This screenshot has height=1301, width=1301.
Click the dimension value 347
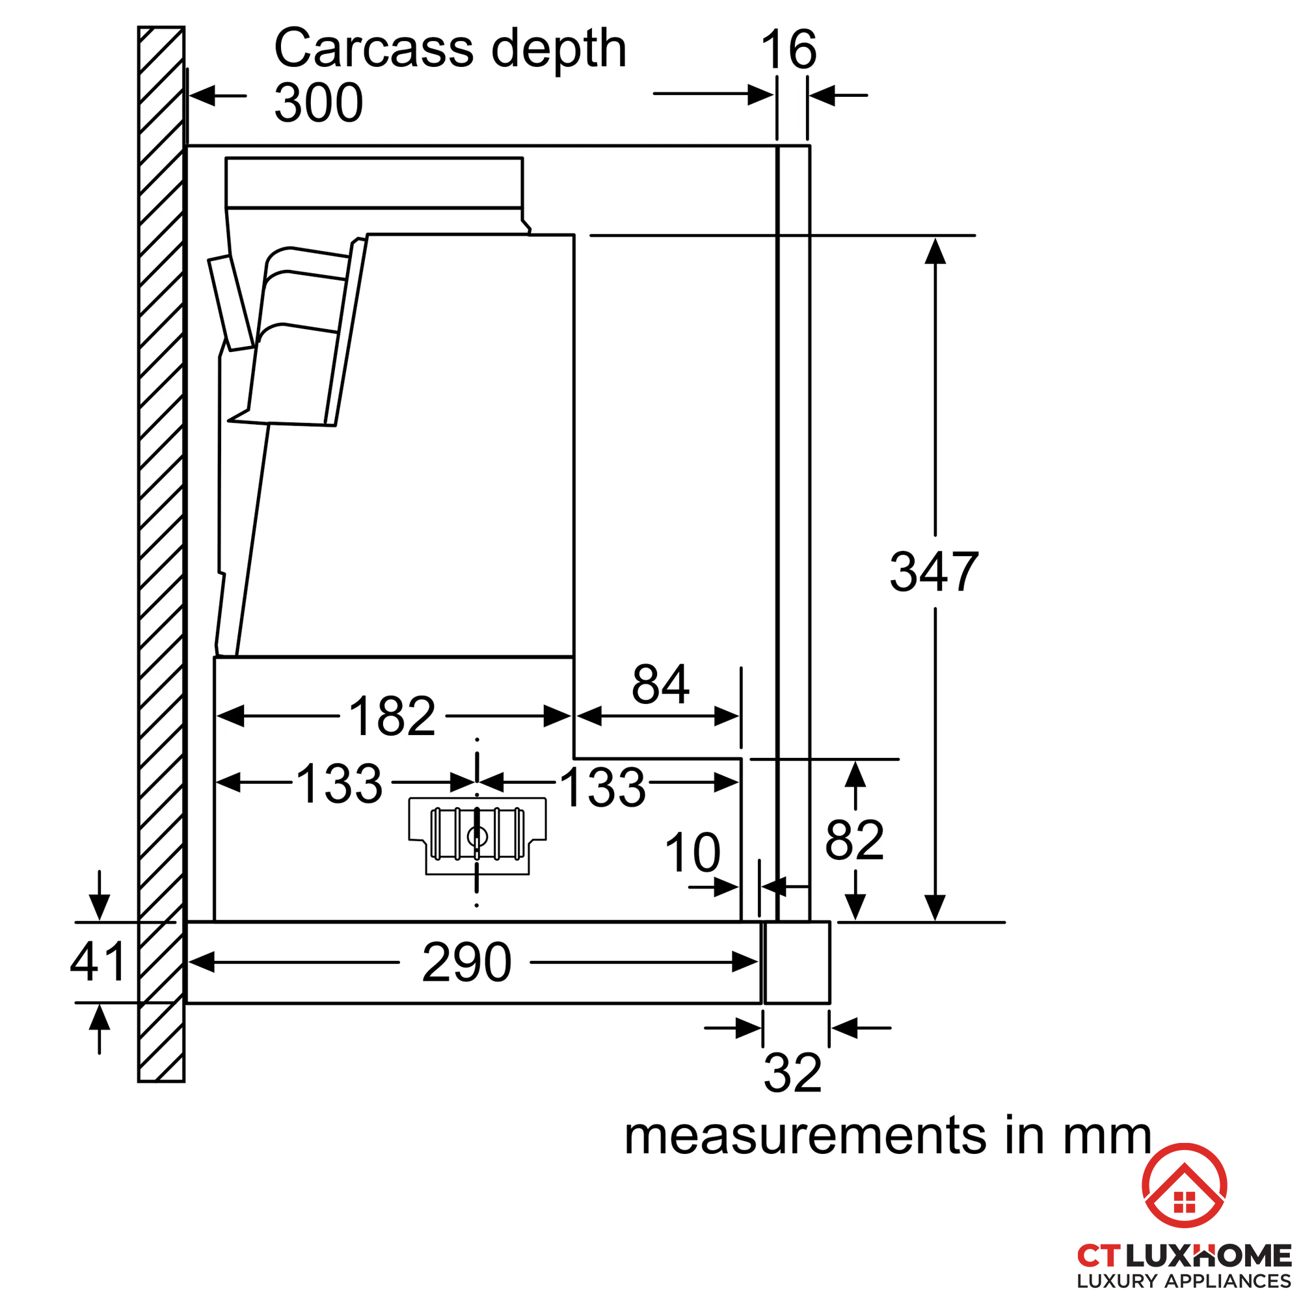(x=934, y=572)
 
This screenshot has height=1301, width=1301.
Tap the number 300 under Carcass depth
(x=319, y=103)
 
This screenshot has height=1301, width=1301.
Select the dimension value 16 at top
(x=788, y=49)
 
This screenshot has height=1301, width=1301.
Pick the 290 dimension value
(x=466, y=962)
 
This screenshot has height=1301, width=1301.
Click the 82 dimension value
(x=855, y=840)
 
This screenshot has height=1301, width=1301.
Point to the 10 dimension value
(x=692, y=853)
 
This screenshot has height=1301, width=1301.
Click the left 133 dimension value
(x=340, y=784)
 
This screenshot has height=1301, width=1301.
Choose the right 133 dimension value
(x=603, y=786)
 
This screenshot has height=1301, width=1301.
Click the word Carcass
(x=374, y=49)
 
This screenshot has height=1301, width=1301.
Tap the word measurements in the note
(x=805, y=1136)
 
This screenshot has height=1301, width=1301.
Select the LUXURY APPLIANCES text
(x=1184, y=1280)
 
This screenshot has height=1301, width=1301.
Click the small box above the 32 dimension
(x=798, y=962)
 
